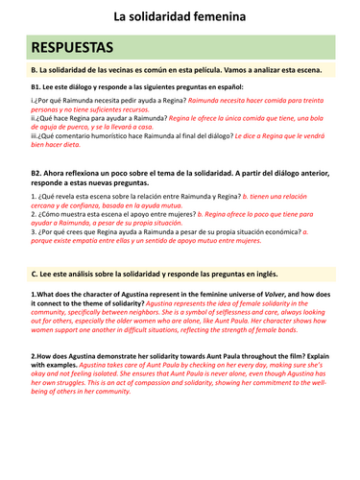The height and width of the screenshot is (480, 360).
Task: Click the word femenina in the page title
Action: pyautogui.click(x=221, y=15)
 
